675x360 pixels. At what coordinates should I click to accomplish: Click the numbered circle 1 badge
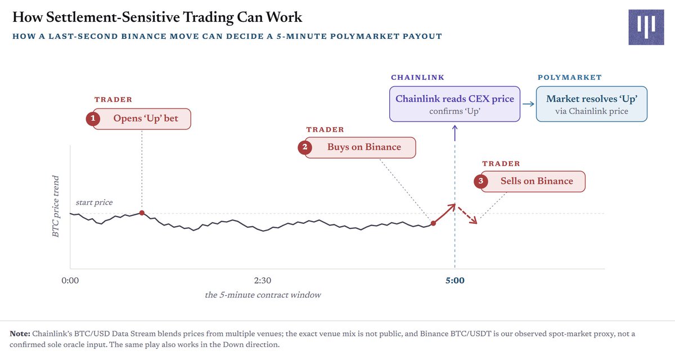coord(93,118)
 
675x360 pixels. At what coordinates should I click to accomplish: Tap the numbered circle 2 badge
coord(305,147)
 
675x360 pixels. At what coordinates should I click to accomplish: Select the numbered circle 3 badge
coord(480,181)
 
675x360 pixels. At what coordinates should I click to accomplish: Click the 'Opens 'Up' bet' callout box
coord(142,119)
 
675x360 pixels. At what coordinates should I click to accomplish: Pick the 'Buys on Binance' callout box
coord(360,147)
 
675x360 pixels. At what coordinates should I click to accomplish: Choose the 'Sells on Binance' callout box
coord(533,182)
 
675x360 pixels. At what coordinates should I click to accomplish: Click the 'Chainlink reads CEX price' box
coord(454,104)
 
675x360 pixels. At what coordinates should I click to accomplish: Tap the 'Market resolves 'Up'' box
coord(592,104)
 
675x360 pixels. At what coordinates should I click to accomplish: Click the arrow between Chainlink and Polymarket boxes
coord(528,104)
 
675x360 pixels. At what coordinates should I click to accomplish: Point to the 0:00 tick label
coord(70,281)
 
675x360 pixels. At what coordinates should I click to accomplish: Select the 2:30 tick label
coord(263,281)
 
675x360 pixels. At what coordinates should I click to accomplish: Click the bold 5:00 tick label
coord(454,281)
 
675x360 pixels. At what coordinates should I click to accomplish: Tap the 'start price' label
coord(94,202)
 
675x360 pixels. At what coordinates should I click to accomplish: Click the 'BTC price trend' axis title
coord(56,206)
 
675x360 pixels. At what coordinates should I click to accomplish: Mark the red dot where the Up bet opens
coord(142,213)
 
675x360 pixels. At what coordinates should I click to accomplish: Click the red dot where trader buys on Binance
coord(433,223)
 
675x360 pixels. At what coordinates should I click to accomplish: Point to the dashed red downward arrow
coord(467,215)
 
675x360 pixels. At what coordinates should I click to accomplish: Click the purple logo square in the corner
coord(646,27)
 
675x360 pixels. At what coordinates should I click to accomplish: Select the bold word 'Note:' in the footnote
coord(20,334)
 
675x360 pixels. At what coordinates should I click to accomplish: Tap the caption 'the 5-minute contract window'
coord(263,295)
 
